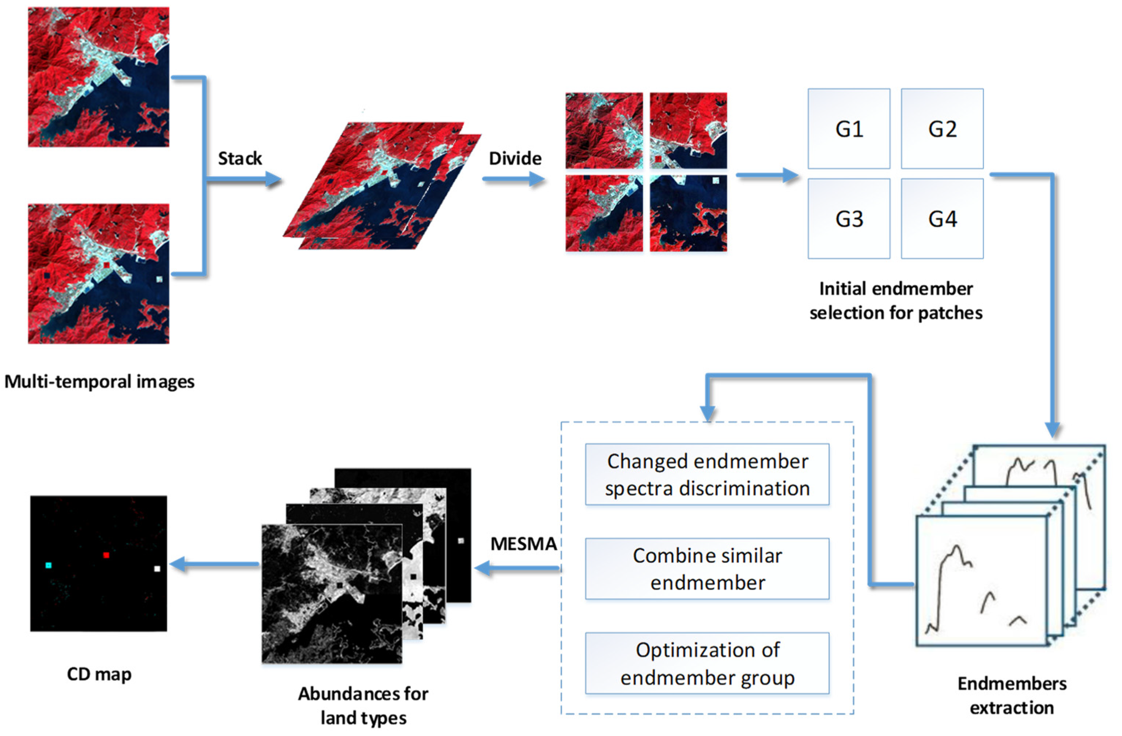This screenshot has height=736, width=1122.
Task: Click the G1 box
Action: [x=849, y=129]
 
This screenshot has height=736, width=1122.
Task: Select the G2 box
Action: [x=942, y=129]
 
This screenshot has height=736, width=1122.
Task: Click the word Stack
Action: [x=239, y=158]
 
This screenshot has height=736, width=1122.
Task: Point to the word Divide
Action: [x=515, y=158]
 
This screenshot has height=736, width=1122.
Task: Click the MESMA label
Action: [x=523, y=544]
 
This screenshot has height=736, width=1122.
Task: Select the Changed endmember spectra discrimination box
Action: [x=707, y=474]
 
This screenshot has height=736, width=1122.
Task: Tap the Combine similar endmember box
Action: [x=707, y=569]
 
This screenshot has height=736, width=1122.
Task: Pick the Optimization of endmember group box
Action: [x=707, y=663]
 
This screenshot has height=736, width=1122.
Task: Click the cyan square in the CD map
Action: [x=48, y=565]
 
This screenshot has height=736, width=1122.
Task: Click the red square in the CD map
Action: [x=106, y=555]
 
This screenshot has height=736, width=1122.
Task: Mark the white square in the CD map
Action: [x=157, y=569]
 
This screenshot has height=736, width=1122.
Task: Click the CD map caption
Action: [x=99, y=674]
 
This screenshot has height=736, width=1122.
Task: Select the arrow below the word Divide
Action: [x=514, y=179]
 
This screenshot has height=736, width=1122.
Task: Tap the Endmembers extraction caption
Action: [x=1012, y=695]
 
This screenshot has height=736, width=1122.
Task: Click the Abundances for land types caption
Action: [x=363, y=705]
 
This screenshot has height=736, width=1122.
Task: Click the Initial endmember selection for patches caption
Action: [x=896, y=301]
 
